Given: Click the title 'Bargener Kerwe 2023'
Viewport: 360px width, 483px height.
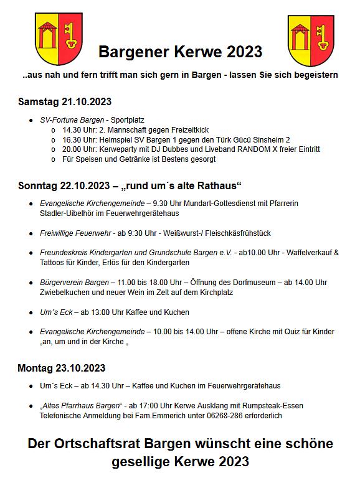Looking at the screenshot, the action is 180,51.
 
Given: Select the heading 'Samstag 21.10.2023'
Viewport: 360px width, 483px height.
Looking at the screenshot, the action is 65,101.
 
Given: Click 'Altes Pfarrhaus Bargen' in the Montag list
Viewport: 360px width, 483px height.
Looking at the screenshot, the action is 78,405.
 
